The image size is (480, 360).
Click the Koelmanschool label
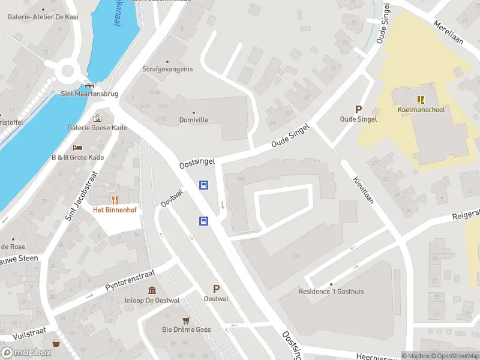(421, 110)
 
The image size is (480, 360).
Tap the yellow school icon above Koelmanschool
(421, 100)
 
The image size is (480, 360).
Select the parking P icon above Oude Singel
(359, 109)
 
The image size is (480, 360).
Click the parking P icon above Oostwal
(216, 289)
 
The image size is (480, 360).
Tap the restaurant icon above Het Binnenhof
(114, 199)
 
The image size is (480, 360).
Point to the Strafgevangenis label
(167, 69)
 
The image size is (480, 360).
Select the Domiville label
(193, 120)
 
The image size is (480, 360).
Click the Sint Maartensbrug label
(90, 94)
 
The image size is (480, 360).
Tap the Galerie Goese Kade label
(97, 127)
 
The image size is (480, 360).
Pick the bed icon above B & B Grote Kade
(77, 148)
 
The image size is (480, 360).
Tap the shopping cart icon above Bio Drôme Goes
(185, 320)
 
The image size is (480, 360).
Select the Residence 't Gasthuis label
(331, 292)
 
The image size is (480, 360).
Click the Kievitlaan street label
(364, 190)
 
